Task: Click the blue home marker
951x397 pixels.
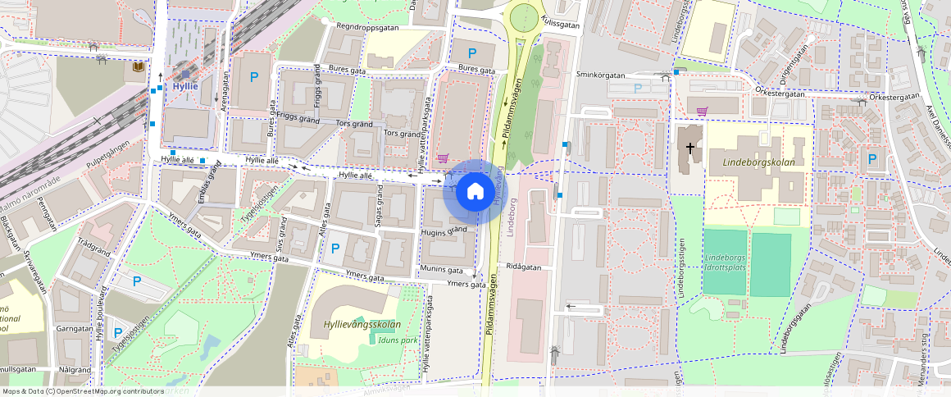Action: coord(475,191)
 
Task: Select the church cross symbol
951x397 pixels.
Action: coord(690,148)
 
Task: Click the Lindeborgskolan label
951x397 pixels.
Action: coord(759,162)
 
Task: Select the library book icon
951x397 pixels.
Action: coord(138,67)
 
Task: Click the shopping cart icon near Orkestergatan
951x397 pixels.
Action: coord(702,111)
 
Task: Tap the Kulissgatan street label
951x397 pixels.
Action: coord(560,25)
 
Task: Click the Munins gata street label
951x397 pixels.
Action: coord(441,269)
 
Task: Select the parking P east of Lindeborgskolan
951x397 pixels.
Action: coord(871,159)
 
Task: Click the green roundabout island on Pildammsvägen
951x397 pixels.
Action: coord(523,16)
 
